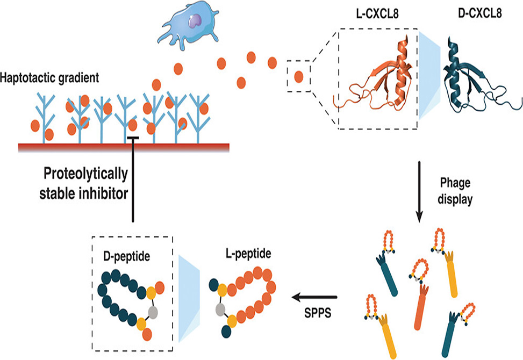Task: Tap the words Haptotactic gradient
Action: pos(50,78)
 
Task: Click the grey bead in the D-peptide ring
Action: pos(154,311)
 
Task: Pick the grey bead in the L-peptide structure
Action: pos(219,309)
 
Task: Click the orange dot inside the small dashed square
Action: pos(299,77)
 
